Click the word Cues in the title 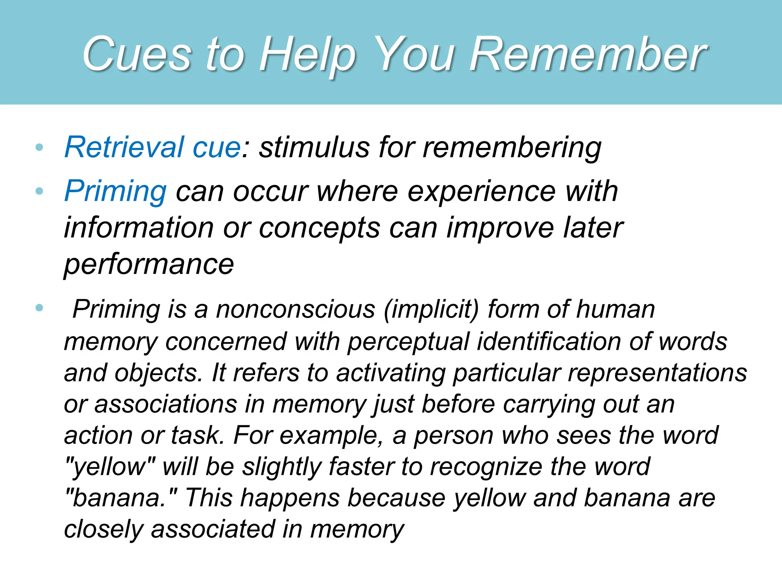click(x=136, y=54)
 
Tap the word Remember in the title click(x=588, y=54)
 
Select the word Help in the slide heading click(x=307, y=54)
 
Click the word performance click(x=149, y=264)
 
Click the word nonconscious click(x=296, y=309)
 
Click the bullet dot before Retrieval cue click(x=39, y=147)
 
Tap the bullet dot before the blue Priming click(x=39, y=191)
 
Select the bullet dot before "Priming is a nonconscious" click(x=39, y=307)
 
